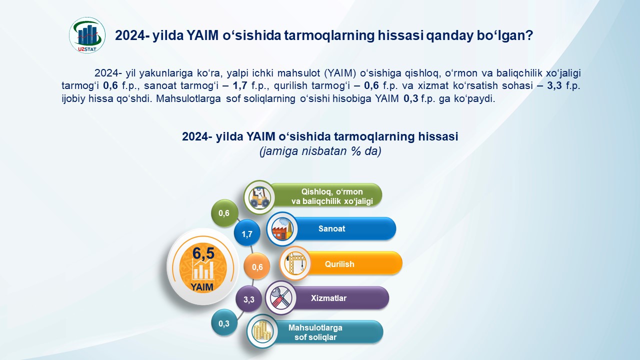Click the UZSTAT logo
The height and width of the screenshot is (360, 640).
(x=87, y=35)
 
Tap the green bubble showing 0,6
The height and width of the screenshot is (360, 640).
(x=224, y=213)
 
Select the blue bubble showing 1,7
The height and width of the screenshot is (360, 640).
(x=247, y=234)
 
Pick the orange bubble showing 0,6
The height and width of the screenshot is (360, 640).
(x=257, y=267)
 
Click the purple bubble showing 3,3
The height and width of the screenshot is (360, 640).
(x=249, y=299)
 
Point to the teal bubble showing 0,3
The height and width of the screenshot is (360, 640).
(x=224, y=323)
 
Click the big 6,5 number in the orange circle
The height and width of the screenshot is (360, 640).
(x=203, y=253)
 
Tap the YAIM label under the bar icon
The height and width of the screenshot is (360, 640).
(x=202, y=287)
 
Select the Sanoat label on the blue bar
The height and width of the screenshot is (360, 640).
(x=331, y=228)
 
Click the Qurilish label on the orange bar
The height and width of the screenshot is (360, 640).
(x=339, y=264)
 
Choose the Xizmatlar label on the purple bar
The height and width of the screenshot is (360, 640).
(x=328, y=298)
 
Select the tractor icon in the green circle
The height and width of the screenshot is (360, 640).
(x=259, y=197)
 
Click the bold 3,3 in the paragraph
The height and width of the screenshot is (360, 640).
(x=554, y=85)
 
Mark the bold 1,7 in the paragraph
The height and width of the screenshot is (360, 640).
(x=240, y=85)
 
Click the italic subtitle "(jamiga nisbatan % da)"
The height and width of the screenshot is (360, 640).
(x=320, y=151)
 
